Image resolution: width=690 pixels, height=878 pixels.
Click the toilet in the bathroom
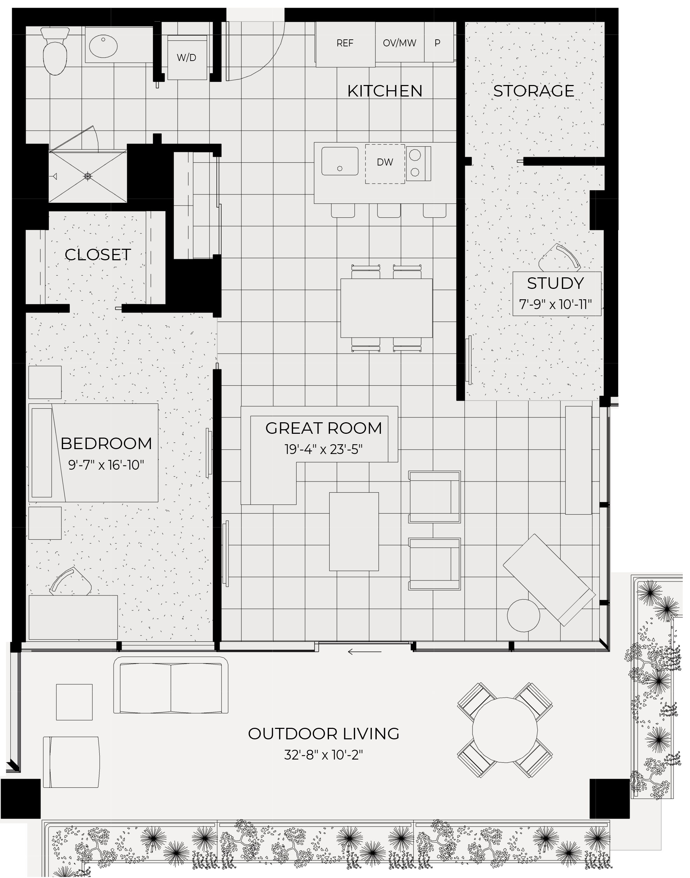tap(55, 53)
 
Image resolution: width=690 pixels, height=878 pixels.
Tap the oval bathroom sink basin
tap(103, 46)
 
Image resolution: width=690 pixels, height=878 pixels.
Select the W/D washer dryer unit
tap(187, 57)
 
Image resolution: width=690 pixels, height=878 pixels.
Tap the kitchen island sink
tap(340, 161)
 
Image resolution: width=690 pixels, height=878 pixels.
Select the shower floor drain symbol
tap(88, 177)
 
